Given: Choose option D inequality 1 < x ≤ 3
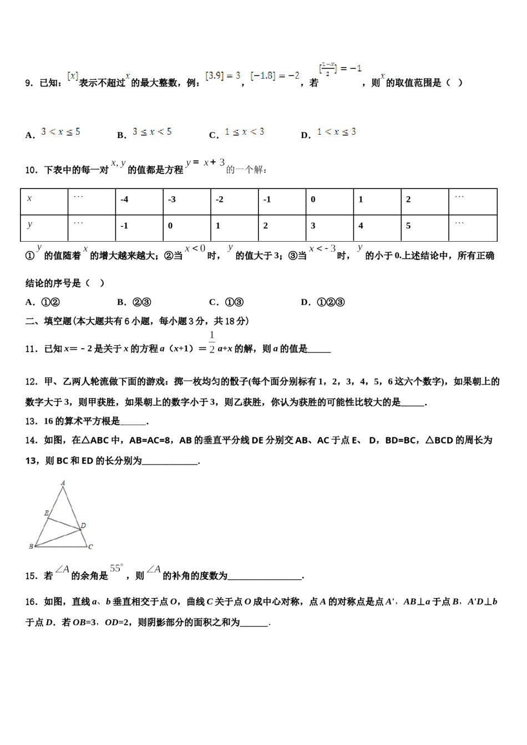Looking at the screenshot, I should point(336,132).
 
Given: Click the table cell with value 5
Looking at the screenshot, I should point(424,226).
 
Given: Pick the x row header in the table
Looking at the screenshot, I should point(44,200).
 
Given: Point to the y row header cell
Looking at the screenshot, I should point(44,226).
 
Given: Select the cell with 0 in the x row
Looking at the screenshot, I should point(329,200).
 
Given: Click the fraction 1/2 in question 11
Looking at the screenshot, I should point(212,343).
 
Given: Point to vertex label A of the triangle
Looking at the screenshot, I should point(63,483).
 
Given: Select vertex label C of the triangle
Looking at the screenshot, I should point(90,547).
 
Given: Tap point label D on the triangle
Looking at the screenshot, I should point(83,525).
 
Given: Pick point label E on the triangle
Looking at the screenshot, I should point(46,513).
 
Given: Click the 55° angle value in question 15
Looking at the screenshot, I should point(116,568).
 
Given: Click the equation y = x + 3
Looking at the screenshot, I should point(205,163).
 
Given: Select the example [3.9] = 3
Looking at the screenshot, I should point(222,75).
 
